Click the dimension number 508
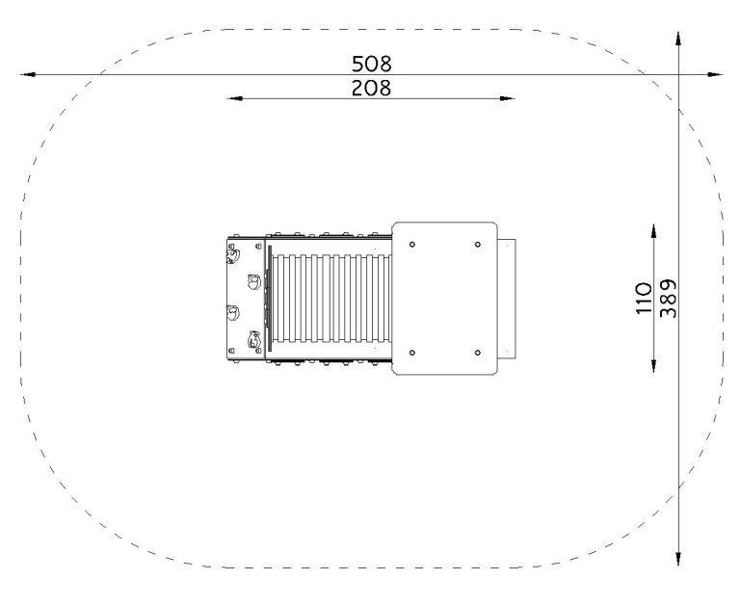(x=371, y=64)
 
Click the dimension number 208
(x=371, y=89)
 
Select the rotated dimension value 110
(x=644, y=298)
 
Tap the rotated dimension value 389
(x=668, y=299)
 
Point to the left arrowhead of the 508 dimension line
(x=27, y=74)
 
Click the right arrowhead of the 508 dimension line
(x=715, y=74)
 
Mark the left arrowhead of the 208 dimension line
(x=234, y=98)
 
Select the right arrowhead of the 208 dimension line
(x=508, y=98)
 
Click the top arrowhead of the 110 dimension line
(x=653, y=231)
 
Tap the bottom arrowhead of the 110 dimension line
(x=653, y=365)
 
